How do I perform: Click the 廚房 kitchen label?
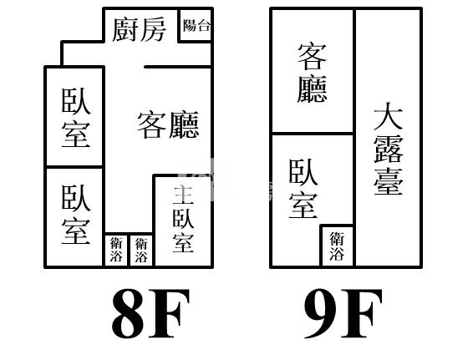[139, 29]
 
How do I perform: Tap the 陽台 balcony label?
[196, 25]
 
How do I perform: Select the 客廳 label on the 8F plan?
[168, 124]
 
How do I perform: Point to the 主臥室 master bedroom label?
[183, 219]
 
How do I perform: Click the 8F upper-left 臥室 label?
[76, 118]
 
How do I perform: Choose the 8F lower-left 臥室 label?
[76, 215]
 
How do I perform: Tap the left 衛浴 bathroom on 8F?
[116, 250]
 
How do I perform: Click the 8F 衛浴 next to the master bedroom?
[141, 250]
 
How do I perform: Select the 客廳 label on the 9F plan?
[313, 73]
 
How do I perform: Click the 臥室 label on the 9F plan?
[303, 189]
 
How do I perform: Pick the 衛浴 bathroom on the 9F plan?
[337, 246]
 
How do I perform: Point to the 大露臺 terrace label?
[389, 149]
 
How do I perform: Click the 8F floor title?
[150, 313]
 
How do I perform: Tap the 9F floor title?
[343, 313]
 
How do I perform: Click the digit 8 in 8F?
[128, 313]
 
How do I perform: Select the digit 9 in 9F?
[321, 313]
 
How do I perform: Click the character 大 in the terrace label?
[389, 116]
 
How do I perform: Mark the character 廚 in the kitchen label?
[125, 29]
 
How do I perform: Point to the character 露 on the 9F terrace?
[389, 149]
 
